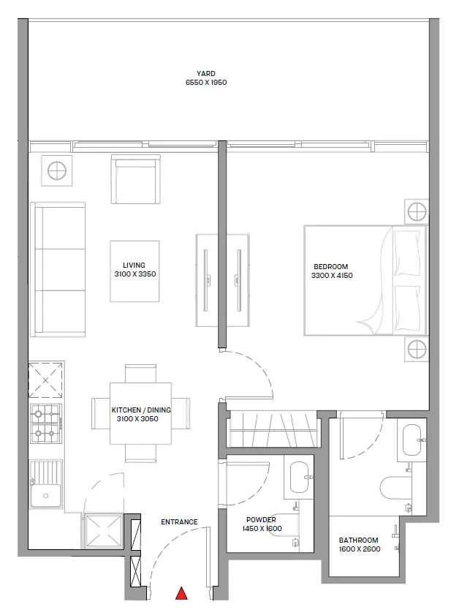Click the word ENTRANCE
(x=179, y=522)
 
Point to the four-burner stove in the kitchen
(x=46, y=423)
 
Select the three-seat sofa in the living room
(x=58, y=270)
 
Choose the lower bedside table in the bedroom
(x=417, y=348)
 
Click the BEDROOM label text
(x=331, y=266)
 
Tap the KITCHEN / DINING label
(x=141, y=410)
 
